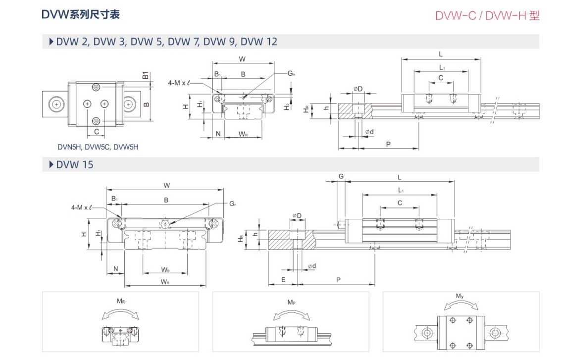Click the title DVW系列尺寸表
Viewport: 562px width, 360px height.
(81, 14)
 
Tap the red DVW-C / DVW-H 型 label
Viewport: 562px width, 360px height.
(487, 15)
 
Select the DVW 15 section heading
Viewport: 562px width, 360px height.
(74, 164)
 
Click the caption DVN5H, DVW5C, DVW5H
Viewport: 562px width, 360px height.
(98, 147)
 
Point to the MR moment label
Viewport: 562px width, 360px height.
(120, 301)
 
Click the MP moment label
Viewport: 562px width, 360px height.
(291, 302)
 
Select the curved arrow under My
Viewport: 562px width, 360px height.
(461, 306)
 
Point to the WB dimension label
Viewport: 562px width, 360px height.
(165, 270)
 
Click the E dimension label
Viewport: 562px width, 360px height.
(283, 280)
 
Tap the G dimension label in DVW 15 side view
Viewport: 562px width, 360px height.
(341, 176)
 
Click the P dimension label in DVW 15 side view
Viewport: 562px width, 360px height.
(338, 280)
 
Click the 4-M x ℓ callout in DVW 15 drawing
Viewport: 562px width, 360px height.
(82, 207)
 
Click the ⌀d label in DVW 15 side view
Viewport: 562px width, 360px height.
(311, 266)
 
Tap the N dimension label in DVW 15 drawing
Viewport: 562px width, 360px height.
(115, 269)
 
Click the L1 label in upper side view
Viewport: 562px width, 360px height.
(442, 67)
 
